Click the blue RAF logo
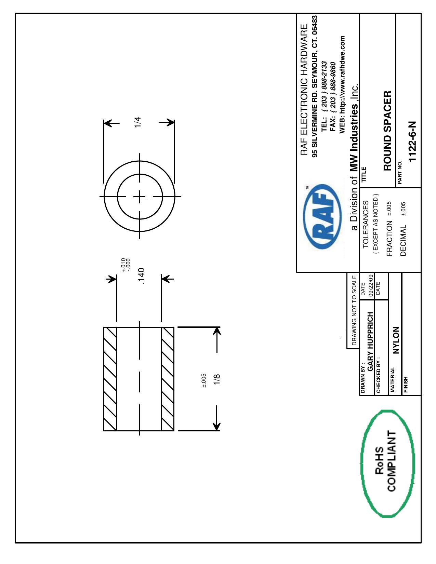[322, 217]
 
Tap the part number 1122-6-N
[412, 142]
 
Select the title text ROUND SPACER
[387, 131]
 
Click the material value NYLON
[396, 340]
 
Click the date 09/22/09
[371, 285]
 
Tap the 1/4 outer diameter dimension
[137, 122]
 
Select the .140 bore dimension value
[142, 276]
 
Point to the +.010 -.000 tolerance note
[127, 265]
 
